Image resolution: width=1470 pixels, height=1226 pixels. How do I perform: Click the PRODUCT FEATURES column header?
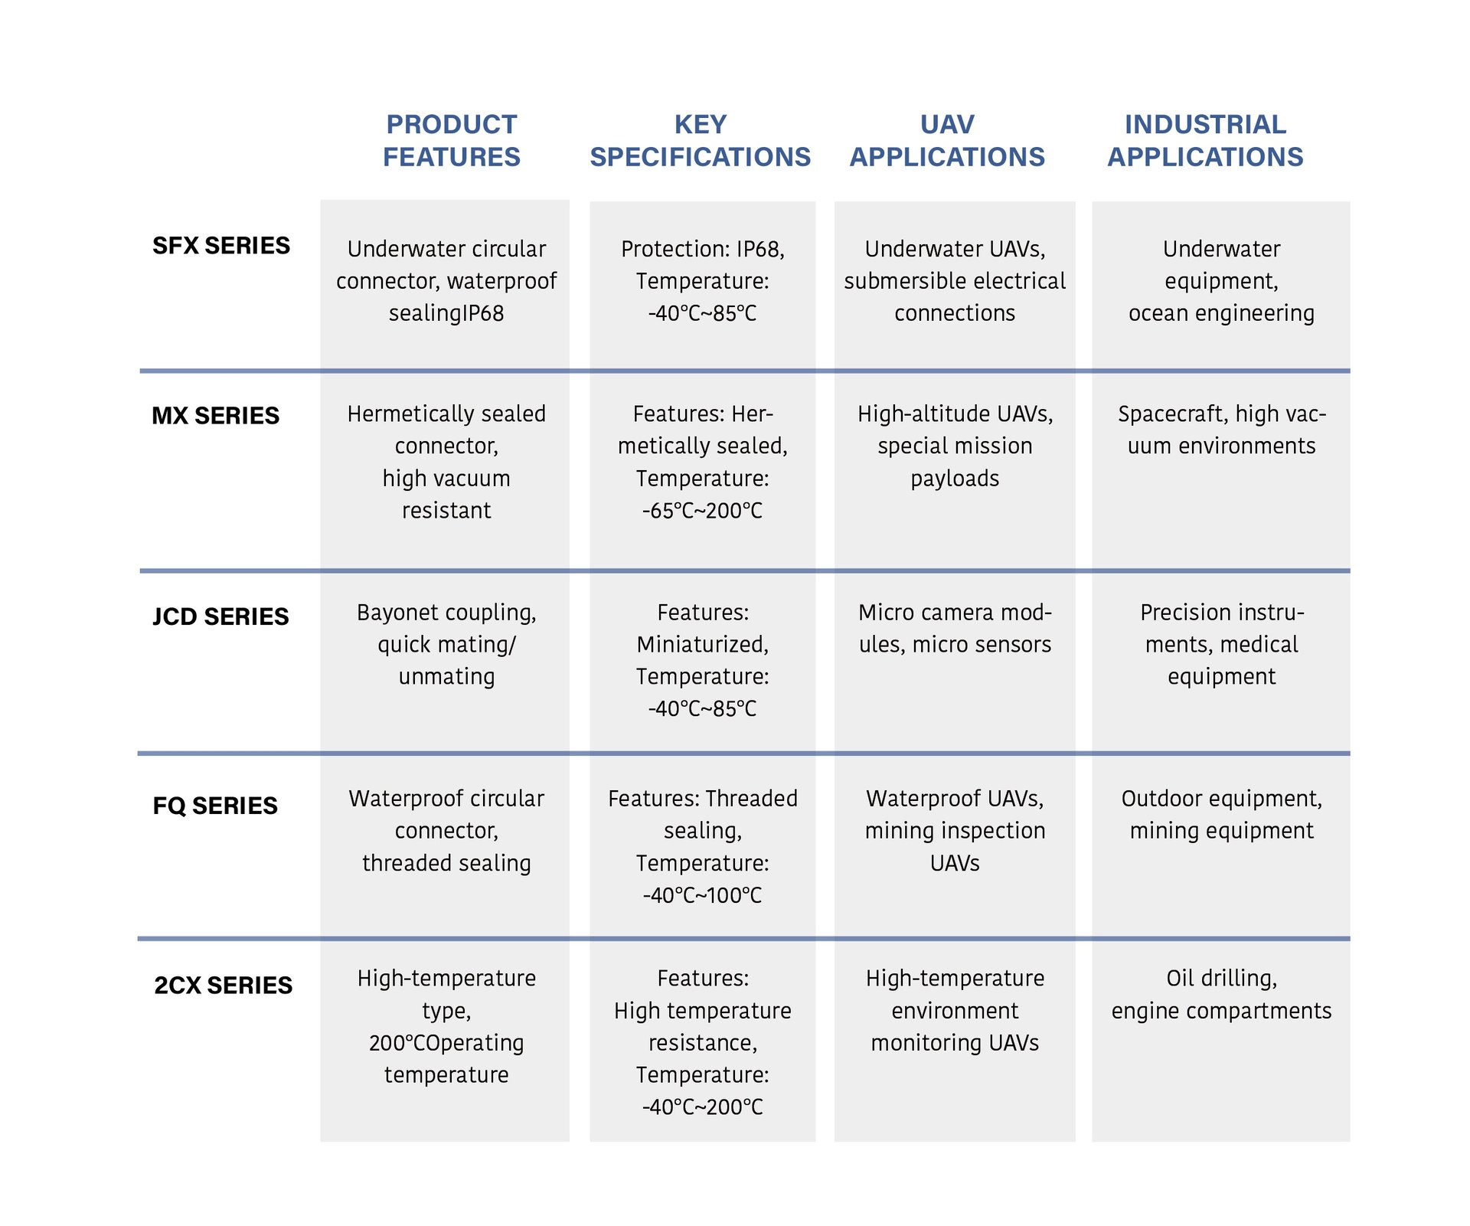tap(451, 140)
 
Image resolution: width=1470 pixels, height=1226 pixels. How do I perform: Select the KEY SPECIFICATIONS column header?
tap(700, 140)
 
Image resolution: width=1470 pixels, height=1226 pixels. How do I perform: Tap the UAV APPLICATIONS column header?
tap(947, 140)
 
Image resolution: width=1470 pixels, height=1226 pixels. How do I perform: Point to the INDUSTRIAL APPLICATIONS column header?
tap(1205, 140)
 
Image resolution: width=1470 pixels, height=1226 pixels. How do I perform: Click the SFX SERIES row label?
tap(221, 246)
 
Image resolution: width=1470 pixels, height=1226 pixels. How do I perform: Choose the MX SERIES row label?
tap(216, 416)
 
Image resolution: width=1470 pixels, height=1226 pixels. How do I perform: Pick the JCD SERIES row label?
tap(220, 616)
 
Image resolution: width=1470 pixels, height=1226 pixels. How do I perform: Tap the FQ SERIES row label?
tap(215, 806)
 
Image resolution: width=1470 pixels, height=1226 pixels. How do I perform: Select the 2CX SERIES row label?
tap(223, 985)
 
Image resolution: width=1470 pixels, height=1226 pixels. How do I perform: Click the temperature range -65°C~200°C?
tap(702, 511)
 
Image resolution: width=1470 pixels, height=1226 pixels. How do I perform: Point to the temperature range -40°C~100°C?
tap(702, 895)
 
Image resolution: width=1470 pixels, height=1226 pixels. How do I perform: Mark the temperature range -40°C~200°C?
tap(702, 1107)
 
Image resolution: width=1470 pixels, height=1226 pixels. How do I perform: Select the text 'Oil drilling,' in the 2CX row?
tap(1221, 978)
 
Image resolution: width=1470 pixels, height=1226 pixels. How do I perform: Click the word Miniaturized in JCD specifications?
tap(702, 645)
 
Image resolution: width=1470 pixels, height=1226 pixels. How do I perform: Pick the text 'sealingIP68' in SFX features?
tap(446, 313)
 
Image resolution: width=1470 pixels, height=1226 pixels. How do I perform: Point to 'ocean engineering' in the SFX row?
tap(1221, 313)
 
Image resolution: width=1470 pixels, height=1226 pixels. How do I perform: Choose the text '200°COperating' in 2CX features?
tap(446, 1043)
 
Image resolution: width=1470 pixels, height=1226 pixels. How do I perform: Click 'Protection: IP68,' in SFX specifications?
tap(702, 249)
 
